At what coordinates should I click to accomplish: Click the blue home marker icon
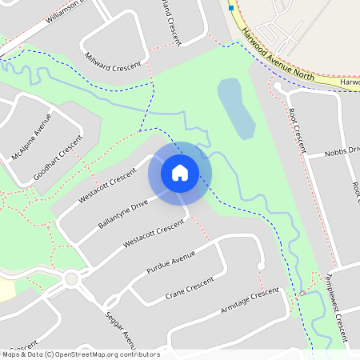tap(180, 171)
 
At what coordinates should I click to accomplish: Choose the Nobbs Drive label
tap(342, 151)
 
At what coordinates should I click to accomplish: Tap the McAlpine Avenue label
tap(31, 135)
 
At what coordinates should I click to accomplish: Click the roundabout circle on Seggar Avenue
tap(71, 279)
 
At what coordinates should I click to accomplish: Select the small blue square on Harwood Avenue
tap(231, 7)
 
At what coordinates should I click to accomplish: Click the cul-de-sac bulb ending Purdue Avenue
tap(261, 266)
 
